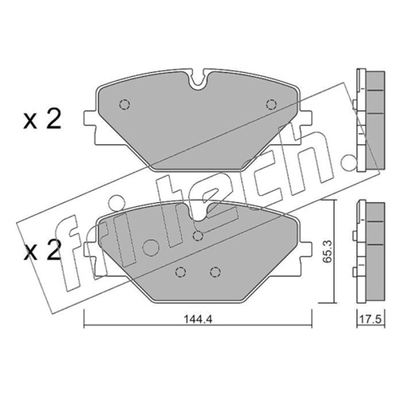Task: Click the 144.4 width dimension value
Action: tap(197, 319)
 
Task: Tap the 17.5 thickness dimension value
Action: tap(371, 319)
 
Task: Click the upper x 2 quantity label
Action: tap(42, 119)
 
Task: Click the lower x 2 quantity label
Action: tap(42, 249)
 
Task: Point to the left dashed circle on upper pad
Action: tap(125, 105)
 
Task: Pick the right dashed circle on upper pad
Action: tap(271, 105)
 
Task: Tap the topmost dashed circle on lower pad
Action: tap(197, 236)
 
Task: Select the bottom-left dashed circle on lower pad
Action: tap(181, 272)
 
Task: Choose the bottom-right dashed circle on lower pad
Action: tap(216, 272)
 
